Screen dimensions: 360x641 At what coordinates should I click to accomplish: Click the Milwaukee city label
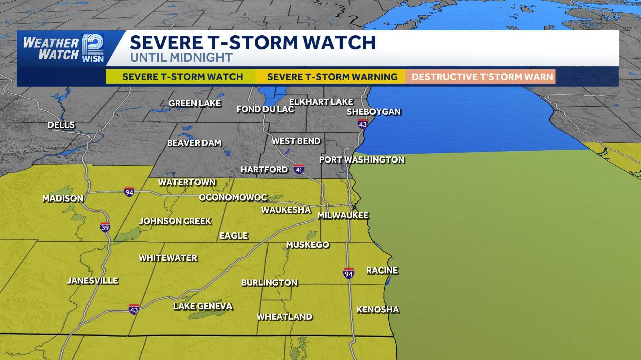pos(343,215)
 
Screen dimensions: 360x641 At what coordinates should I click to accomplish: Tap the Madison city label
pos(63,199)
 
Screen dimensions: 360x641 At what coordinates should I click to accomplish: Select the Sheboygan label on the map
pos(374,112)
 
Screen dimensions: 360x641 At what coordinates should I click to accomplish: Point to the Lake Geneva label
pos(203,306)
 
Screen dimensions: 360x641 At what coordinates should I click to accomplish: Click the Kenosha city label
pos(378,310)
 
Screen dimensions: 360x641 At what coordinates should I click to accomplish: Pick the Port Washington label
pos(362,160)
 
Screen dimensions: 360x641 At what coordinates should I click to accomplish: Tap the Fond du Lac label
pos(265,109)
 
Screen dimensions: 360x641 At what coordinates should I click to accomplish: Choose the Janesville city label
pos(93,281)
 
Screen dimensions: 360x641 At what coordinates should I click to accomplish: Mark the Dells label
pos(61,125)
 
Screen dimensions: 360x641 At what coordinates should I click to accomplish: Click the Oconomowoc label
pos(233,197)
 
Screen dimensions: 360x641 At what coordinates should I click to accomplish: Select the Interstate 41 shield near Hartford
pos(299,169)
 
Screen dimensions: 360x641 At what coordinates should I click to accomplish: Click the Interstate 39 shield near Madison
pos(105,227)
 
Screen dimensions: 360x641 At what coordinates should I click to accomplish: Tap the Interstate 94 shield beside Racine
pos(349,273)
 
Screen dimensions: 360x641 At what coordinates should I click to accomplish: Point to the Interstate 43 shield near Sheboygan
pos(363,124)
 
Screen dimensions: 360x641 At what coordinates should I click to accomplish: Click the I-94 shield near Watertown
pos(129,192)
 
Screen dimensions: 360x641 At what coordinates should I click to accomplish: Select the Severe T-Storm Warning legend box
pos(332,77)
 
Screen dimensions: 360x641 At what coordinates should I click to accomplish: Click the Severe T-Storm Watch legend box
pos(182,77)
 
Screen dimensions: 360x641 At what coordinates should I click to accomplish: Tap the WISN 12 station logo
pos(93,48)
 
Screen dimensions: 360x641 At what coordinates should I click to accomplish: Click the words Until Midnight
pos(181,58)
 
